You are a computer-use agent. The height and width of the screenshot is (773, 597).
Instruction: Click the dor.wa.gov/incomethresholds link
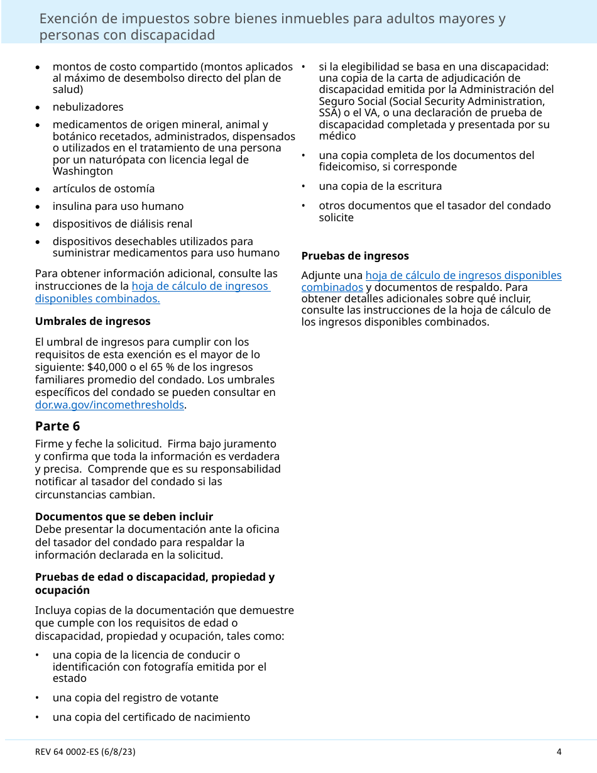point(109,405)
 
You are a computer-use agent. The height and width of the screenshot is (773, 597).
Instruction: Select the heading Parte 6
point(58,426)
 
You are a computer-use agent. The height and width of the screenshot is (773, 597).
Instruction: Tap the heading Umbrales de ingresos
point(93,321)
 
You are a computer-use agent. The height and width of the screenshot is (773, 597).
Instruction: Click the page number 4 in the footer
point(559,752)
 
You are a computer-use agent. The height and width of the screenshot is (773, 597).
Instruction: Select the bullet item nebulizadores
point(88,107)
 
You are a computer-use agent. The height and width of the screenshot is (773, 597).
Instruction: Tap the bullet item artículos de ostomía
point(104,189)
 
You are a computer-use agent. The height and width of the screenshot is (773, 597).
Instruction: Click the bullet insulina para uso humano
point(118,206)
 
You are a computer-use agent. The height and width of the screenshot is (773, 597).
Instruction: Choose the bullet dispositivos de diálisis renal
point(123,224)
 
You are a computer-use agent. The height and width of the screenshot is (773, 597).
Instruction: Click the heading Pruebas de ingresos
point(355,256)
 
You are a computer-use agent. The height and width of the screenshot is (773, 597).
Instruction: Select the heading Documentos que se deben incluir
point(124,517)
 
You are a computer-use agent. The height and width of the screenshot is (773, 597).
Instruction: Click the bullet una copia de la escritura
point(380,186)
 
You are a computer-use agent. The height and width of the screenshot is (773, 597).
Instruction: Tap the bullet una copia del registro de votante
point(136,698)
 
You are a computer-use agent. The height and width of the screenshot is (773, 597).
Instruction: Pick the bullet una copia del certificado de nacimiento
point(151,717)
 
